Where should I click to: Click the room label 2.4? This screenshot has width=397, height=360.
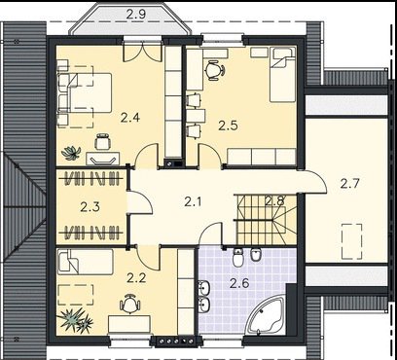130,117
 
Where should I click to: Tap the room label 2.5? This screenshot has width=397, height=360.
228,126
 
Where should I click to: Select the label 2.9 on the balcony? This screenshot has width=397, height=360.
136,15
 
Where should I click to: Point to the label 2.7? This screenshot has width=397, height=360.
350,184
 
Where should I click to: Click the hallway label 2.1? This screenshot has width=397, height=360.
193,202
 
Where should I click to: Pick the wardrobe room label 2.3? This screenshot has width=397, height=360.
90,207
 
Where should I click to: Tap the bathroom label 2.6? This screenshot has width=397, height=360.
239,283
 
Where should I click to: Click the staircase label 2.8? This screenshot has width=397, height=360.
274,201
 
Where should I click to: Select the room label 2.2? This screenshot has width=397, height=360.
136,278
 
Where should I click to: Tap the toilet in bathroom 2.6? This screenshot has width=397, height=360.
237,258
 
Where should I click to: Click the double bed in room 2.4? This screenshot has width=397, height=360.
85,93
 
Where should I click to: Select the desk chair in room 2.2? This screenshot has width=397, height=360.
130,305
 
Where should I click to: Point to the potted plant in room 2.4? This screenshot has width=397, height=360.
71,153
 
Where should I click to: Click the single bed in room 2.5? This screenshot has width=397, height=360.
283,75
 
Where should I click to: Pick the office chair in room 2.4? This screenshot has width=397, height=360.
103,141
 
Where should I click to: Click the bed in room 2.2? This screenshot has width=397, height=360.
85,262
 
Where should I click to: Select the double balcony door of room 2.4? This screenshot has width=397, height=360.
142,52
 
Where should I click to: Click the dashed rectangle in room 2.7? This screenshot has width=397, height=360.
351,241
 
